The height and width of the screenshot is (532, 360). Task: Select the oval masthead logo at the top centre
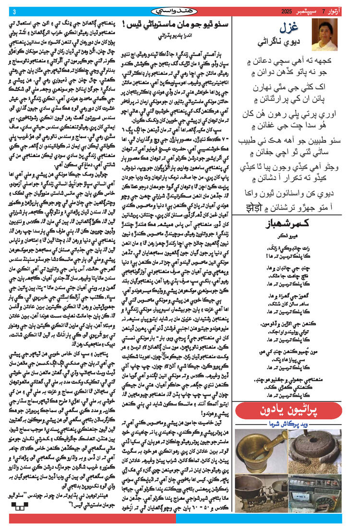pyautogui.click(x=180, y=11)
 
